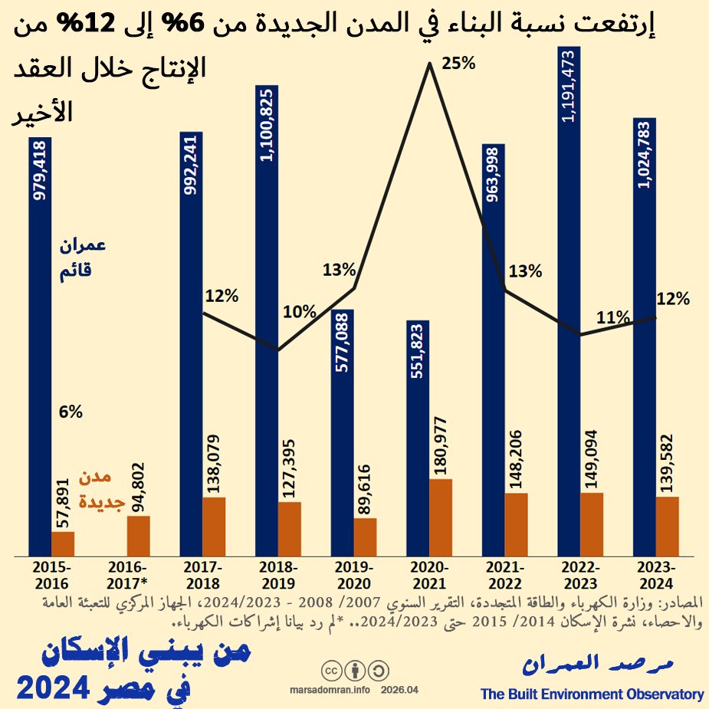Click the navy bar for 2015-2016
point(40,345)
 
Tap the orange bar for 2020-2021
point(441,517)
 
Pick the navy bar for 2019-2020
point(343,433)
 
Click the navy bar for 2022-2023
point(569,307)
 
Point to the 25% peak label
point(459,64)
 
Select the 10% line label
point(299,311)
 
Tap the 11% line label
point(613,317)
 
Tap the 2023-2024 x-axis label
point(655,574)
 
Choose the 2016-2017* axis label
point(128,574)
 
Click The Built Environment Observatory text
point(592,694)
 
